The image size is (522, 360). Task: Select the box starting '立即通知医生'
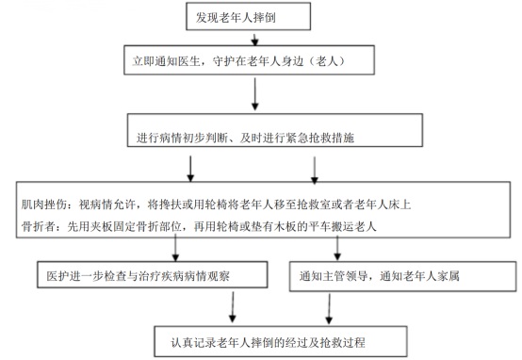253,59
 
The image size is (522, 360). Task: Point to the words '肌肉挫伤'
39,203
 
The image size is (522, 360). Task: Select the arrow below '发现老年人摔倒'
254,39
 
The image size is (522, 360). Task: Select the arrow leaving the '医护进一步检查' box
231,306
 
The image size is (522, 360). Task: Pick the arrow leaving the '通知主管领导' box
330,306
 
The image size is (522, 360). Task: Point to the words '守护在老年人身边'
256,59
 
